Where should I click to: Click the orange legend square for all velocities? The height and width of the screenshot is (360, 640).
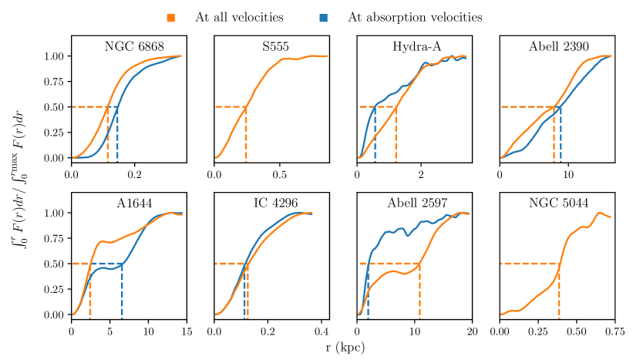tap(170, 16)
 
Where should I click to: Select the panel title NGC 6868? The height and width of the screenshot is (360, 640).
tap(134, 47)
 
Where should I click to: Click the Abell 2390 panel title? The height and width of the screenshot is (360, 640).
tap(559, 47)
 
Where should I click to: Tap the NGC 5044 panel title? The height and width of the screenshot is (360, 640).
tap(559, 204)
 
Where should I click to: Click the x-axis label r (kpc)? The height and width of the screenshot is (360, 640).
tap(345, 348)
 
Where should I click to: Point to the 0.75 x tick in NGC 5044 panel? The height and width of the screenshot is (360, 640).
tap(615, 329)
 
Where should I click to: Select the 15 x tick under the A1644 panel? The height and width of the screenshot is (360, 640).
tap(186, 329)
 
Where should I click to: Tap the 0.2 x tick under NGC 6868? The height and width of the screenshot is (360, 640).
tap(134, 172)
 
